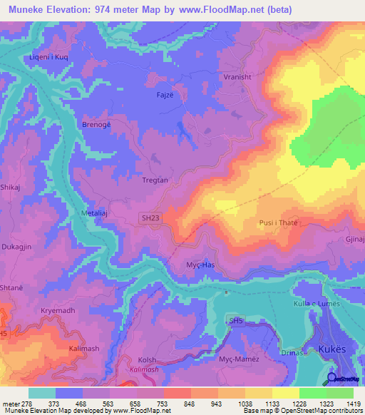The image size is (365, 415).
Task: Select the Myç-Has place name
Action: tap(200, 264)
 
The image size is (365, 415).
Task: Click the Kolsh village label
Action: tap(147, 360)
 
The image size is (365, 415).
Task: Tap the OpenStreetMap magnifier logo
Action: tap(331, 379)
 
